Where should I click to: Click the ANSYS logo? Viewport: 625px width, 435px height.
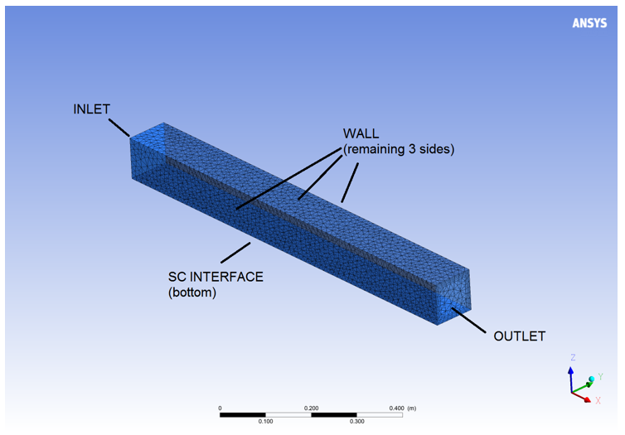tap(589, 23)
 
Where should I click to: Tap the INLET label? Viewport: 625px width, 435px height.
tap(91, 109)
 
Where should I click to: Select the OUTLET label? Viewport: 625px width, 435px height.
tap(519, 336)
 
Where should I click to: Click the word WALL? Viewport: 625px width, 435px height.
tap(361, 133)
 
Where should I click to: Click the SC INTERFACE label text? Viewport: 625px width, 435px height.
tap(216, 276)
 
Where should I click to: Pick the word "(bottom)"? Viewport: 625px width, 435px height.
tap(192, 292)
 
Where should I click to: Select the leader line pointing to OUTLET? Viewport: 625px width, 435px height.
tap(468, 320)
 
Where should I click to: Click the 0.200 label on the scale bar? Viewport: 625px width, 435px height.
tap(312, 408)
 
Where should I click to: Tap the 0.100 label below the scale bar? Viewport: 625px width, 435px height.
tap(265, 422)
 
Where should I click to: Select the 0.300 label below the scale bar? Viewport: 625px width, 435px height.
tap(357, 422)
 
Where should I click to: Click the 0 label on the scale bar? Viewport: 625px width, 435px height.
tap(220, 408)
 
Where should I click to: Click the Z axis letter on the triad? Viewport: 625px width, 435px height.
tap(572, 357)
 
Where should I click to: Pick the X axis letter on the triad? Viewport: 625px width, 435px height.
tap(598, 401)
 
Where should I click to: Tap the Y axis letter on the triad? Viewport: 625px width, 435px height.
tap(600, 376)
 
